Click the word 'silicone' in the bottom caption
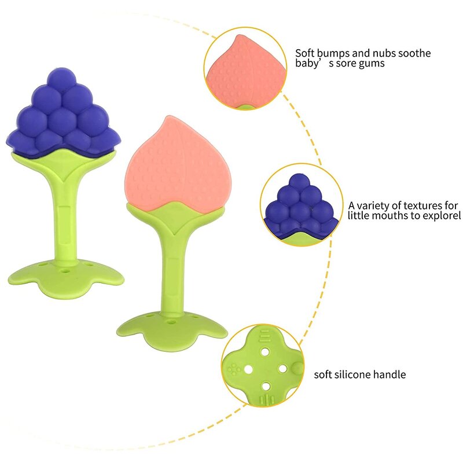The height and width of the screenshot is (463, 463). [x=355, y=374]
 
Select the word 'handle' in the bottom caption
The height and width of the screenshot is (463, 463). [x=391, y=374]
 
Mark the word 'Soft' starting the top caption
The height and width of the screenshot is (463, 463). [x=305, y=53]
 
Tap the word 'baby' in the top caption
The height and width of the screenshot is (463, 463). [x=306, y=64]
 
